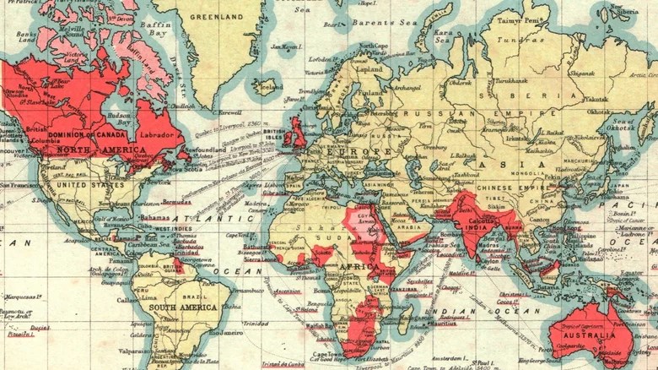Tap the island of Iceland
coord(268,85)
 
